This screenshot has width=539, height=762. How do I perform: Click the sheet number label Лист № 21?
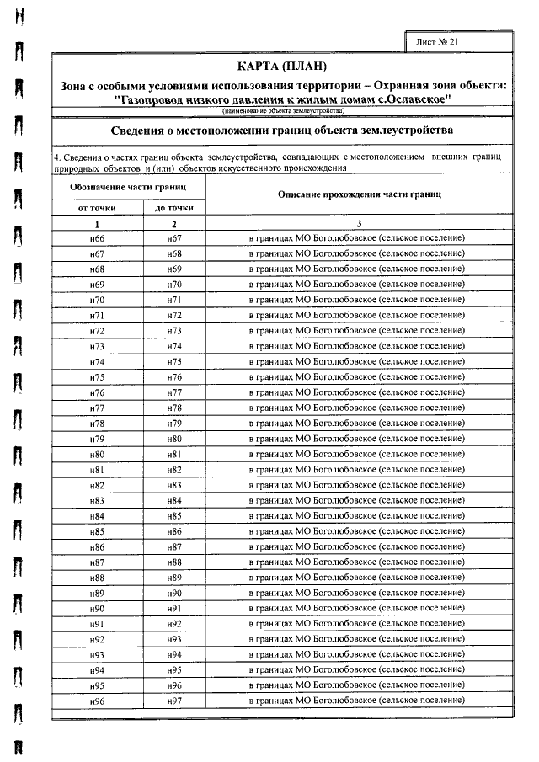(437, 40)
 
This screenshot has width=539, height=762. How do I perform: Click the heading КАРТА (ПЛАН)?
(281, 67)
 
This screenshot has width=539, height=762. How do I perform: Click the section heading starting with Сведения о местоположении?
(281, 131)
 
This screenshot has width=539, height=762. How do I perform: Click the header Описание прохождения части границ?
(359, 194)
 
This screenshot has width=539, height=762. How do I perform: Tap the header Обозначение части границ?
(127, 185)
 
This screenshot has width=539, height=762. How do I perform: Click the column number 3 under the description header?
(359, 224)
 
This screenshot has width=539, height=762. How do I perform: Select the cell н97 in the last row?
(174, 701)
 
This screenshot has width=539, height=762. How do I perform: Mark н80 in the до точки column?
(174, 439)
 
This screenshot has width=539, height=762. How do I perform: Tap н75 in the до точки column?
(174, 361)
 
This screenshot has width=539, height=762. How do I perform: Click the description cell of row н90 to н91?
(359, 608)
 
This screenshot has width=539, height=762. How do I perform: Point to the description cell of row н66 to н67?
(359, 238)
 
